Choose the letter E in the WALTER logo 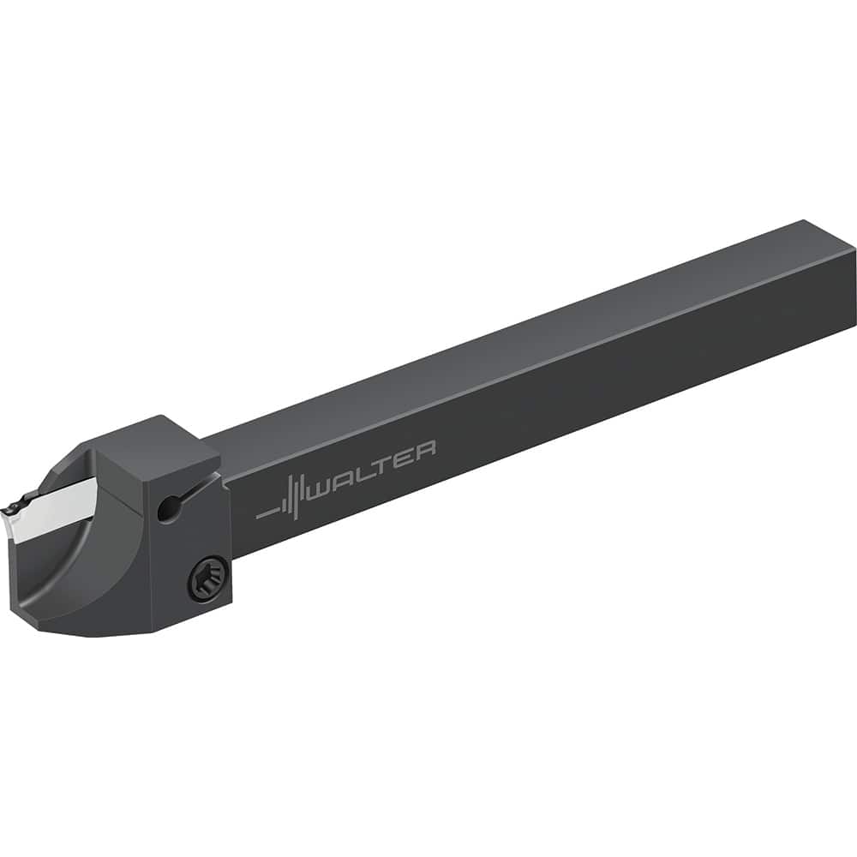pyautogui.click(x=401, y=459)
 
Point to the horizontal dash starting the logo pyautogui.click(x=267, y=515)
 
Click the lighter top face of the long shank pyautogui.click(x=514, y=343)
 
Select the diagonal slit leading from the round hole pyautogui.click(x=190, y=493)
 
